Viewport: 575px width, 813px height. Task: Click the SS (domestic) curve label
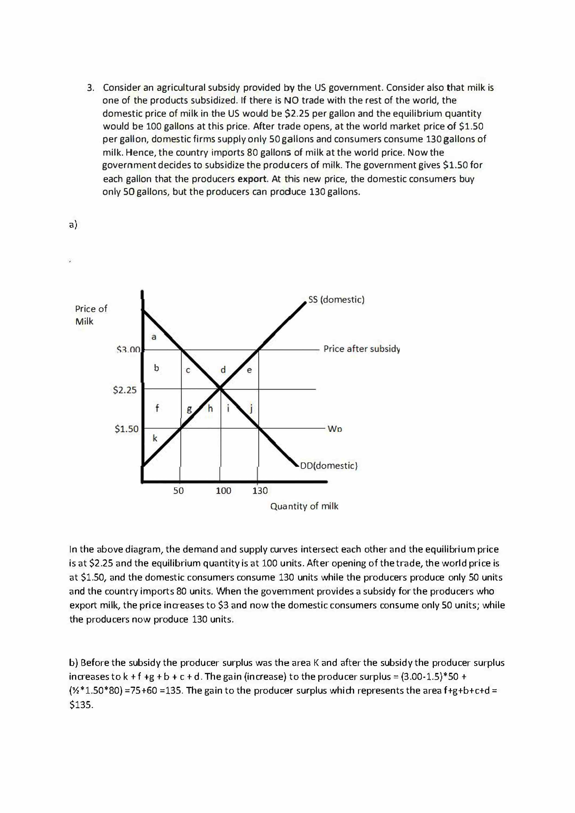point(336,300)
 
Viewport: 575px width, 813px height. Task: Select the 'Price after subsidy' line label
point(362,349)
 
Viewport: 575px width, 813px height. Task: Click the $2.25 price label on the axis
point(125,390)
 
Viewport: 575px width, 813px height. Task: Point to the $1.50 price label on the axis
point(126,429)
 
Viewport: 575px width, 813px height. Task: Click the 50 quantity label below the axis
point(178,491)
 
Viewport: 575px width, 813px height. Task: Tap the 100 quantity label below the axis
point(223,491)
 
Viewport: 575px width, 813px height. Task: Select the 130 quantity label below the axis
point(260,491)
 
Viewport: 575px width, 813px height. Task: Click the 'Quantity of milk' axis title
point(304,506)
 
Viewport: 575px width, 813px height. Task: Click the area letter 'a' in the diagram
point(154,337)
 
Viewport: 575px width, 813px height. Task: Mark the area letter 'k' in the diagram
point(155,438)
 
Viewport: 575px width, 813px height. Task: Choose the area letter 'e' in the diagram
point(249,370)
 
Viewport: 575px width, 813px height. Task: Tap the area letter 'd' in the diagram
point(223,369)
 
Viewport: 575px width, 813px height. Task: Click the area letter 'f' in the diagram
point(157,408)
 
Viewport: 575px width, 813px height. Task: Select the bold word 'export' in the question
point(252,179)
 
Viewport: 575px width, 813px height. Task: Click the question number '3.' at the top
point(91,87)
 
